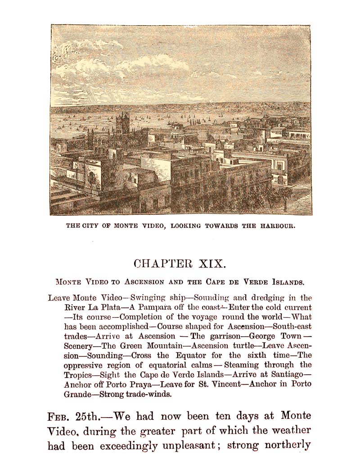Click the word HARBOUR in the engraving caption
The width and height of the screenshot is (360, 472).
tap(276, 226)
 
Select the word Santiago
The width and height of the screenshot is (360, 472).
tap(288, 375)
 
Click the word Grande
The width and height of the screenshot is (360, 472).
tap(79, 394)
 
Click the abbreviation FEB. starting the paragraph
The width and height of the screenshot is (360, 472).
tap(58, 416)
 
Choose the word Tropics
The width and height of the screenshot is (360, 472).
tap(80, 375)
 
